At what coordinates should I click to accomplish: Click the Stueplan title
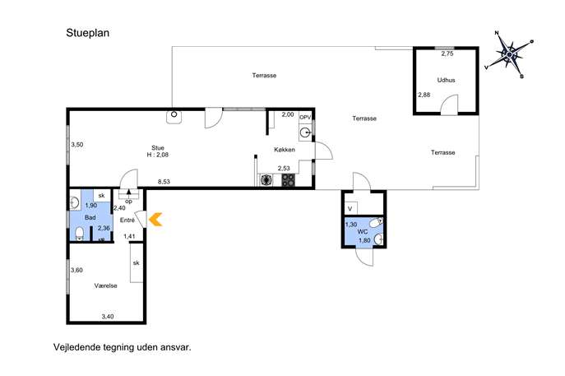pyautogui.click(x=87, y=33)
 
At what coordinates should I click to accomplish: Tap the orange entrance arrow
pyautogui.click(x=155, y=219)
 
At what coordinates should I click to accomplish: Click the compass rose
pyautogui.click(x=509, y=54)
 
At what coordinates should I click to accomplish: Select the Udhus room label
pyautogui.click(x=446, y=80)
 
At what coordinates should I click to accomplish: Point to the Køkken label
pyautogui.click(x=285, y=149)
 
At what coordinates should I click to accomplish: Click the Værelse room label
pyautogui.click(x=105, y=285)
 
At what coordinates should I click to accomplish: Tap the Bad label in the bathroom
pyautogui.click(x=90, y=217)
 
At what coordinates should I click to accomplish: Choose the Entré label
pyautogui.click(x=127, y=220)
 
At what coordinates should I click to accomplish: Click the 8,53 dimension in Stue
pyautogui.click(x=164, y=182)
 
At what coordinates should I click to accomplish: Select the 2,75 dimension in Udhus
pyautogui.click(x=447, y=53)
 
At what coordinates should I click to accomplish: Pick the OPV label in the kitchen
pyautogui.click(x=305, y=117)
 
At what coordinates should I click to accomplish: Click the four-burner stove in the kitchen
pyautogui.click(x=289, y=180)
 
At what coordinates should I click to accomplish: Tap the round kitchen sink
pyautogui.click(x=305, y=133)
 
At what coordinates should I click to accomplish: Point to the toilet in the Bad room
pyautogui.click(x=80, y=233)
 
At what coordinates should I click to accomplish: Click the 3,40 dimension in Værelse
pyautogui.click(x=108, y=317)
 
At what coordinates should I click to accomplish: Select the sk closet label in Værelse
pyautogui.click(x=136, y=263)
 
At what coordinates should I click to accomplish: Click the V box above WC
pyautogui.click(x=350, y=208)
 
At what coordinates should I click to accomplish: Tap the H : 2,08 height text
pyautogui.click(x=157, y=155)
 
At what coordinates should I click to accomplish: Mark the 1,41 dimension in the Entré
pyautogui.click(x=129, y=236)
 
